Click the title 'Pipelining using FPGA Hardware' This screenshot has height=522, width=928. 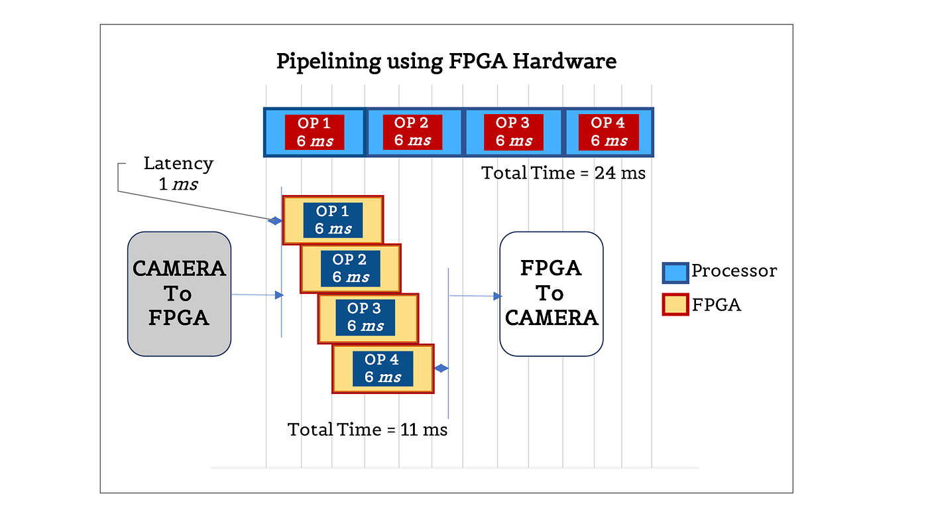click(x=446, y=62)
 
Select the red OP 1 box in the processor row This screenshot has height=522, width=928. click(x=314, y=132)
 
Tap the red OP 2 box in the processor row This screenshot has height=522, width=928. click(x=412, y=132)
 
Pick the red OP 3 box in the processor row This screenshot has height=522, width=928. click(x=513, y=132)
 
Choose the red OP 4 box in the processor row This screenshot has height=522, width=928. click(x=609, y=132)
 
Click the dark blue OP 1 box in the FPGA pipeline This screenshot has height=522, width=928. click(x=333, y=220)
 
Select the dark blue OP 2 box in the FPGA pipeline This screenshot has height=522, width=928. click(x=350, y=268)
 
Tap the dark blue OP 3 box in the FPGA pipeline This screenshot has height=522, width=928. click(x=365, y=317)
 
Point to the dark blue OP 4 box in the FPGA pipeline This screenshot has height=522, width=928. click(x=383, y=369)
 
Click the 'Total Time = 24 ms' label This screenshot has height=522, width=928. click(x=563, y=173)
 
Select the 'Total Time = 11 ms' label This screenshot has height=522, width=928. click(x=367, y=430)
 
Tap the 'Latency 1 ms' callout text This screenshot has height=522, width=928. click(x=178, y=174)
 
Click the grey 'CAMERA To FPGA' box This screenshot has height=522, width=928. click(x=180, y=294)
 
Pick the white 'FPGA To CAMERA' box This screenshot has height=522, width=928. click(x=551, y=294)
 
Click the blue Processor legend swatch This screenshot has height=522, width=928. click(x=675, y=273)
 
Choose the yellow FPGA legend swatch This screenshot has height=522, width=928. click(x=675, y=304)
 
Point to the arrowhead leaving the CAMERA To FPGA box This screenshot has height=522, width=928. click(x=279, y=294)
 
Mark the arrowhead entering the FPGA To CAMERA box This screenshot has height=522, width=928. click(x=498, y=296)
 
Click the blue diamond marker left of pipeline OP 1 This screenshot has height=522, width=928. click(x=274, y=221)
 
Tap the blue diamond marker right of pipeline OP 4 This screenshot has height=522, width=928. click(x=441, y=368)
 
